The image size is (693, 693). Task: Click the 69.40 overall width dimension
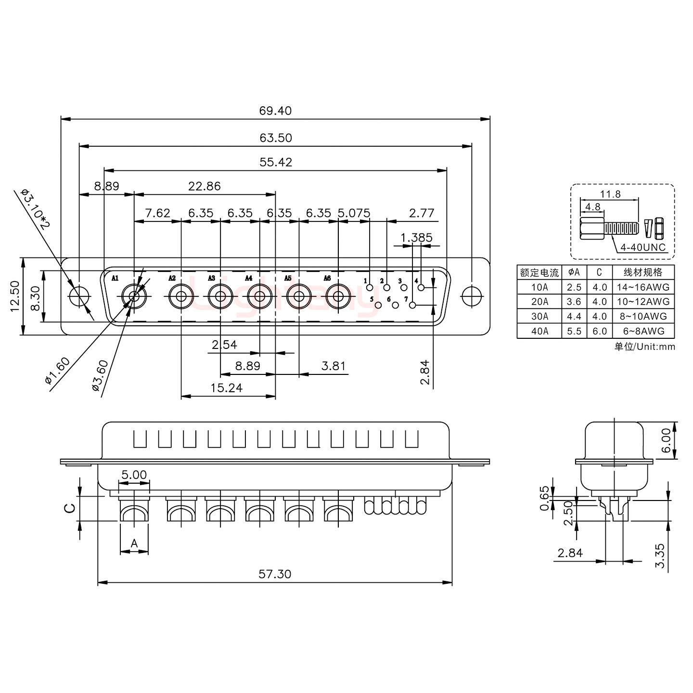coord(275,111)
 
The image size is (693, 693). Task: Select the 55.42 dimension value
coord(276,162)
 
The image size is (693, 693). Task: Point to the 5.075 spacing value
coord(354,213)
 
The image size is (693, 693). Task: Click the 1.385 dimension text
coord(416,237)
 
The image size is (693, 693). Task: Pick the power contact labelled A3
coord(220,297)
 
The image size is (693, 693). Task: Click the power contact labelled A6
coord(338,297)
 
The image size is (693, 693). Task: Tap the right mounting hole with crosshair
coord(471,296)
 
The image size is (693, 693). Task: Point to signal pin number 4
coord(422,288)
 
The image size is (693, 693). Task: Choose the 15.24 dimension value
coord(226,388)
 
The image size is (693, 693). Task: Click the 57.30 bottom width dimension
coord(275,574)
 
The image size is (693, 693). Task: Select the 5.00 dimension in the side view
coord(134,475)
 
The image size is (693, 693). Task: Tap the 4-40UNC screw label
coord(643,247)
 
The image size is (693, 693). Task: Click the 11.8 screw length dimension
coord(610,194)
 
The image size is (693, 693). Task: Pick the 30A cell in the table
coord(539,316)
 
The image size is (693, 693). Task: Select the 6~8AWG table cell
coord(643,331)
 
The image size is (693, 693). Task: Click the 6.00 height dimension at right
coord(666,441)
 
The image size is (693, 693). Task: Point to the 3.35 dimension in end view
coord(661,555)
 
